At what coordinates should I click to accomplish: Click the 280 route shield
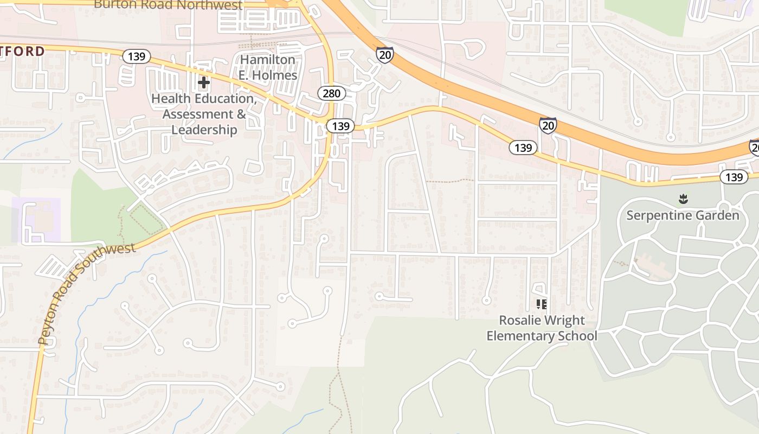(331, 93)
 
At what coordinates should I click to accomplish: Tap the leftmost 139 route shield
(136, 56)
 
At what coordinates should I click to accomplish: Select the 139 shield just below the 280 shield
(340, 126)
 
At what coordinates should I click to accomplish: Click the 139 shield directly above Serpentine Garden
(734, 177)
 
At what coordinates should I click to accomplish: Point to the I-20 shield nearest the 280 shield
(384, 54)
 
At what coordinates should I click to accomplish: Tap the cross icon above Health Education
(204, 82)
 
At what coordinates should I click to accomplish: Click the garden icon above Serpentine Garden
(683, 199)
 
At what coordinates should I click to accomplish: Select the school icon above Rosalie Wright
(541, 304)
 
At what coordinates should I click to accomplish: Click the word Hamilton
(268, 60)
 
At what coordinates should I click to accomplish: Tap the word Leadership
(204, 130)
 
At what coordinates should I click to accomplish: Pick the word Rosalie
(519, 320)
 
